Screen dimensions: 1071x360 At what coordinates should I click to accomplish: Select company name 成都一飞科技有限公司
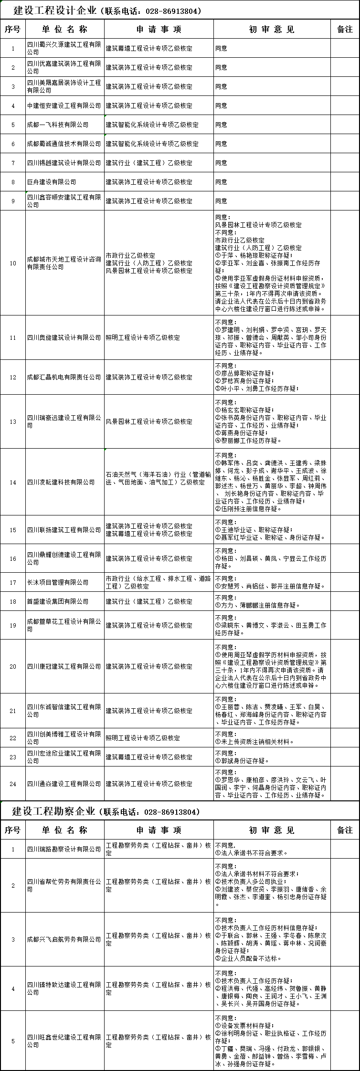[58, 125]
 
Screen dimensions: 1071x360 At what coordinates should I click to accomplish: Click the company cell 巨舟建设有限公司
[52, 182]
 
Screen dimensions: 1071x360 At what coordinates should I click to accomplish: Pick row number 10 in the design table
[13, 263]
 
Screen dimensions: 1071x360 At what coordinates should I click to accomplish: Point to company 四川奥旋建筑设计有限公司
[64, 337]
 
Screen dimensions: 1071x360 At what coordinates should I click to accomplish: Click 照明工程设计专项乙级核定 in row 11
[143, 337]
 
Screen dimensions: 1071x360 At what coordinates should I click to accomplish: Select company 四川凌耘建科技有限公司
[61, 482]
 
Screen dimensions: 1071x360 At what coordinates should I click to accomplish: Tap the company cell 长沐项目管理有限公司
[58, 582]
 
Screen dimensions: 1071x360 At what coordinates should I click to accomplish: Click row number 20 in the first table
[13, 666]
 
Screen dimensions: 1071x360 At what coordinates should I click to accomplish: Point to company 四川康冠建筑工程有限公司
[64, 666]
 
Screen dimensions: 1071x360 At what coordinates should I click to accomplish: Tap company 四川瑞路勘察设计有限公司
[64, 849]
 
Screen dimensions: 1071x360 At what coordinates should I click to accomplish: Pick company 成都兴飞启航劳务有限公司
[64, 939]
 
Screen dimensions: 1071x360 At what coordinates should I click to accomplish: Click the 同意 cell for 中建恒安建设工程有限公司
[222, 105]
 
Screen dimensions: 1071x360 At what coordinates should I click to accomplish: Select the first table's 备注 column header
[345, 29]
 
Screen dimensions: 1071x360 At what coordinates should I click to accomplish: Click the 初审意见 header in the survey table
[272, 830]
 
